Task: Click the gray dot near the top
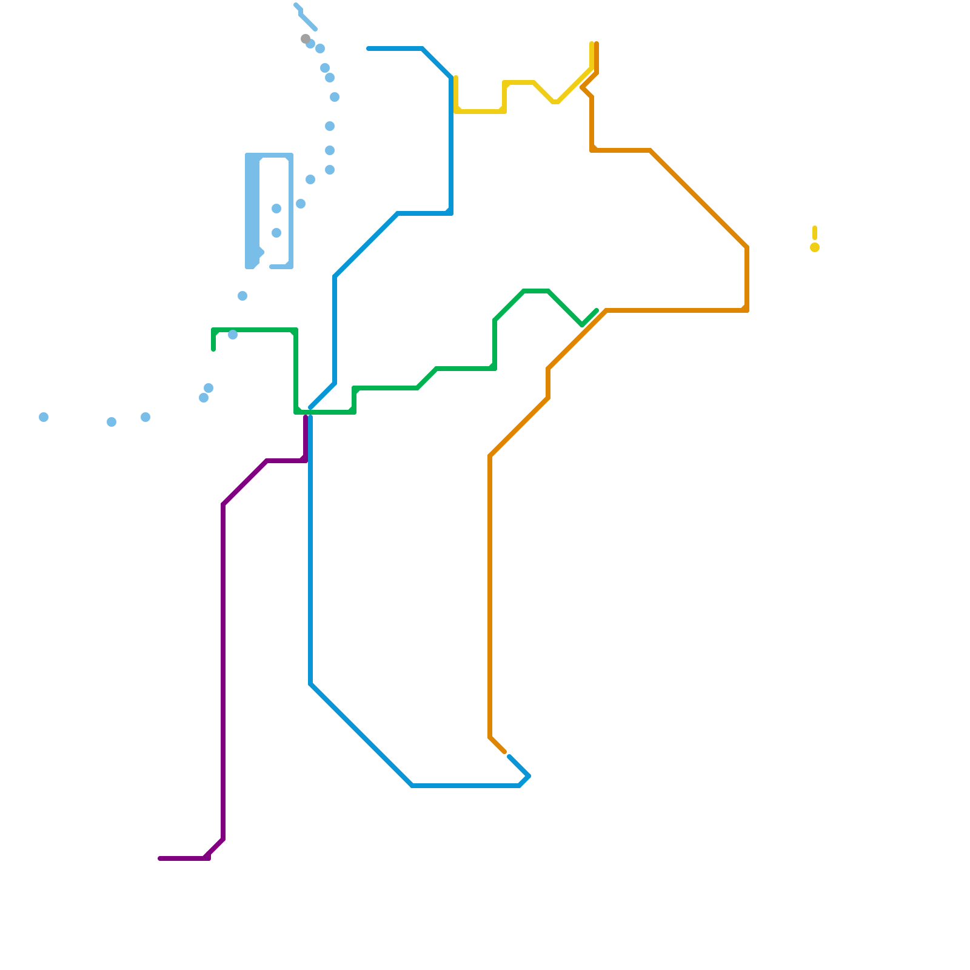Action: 306,39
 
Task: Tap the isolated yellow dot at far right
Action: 815,247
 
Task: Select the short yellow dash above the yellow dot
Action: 815,233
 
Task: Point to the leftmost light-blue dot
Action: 44,417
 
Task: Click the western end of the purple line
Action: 160,858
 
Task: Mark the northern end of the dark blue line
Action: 369,48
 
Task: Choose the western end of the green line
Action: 213,349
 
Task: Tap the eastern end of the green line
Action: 597,310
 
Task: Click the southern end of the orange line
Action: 504,752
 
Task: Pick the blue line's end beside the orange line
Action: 509,756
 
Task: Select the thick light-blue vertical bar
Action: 252,211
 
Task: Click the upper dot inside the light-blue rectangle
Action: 276,209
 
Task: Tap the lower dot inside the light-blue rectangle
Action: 276,233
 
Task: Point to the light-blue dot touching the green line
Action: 233,335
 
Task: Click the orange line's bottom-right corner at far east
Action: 747,310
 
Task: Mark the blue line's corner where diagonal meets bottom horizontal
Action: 412,786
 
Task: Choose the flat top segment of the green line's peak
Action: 536,291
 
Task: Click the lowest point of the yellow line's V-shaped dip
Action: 555,102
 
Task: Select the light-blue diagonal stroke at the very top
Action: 307,21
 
